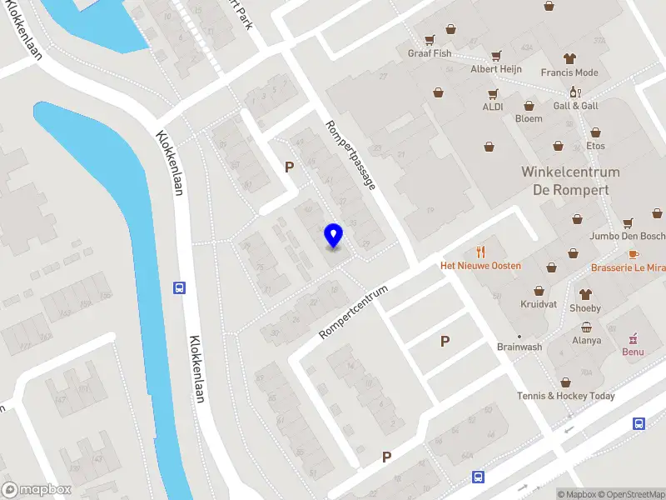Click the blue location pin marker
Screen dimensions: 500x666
(x=334, y=236)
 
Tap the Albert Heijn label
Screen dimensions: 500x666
(x=496, y=69)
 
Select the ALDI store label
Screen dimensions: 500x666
(x=493, y=107)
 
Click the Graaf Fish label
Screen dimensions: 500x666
(x=430, y=53)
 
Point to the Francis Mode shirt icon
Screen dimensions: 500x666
(x=569, y=58)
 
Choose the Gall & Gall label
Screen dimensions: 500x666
(x=576, y=106)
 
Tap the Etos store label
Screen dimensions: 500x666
(x=595, y=146)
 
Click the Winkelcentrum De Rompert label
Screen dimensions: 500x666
(x=570, y=181)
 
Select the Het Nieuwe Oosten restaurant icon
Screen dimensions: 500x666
(x=480, y=252)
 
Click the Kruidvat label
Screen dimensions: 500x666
(x=539, y=304)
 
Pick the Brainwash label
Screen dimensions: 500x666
(x=519, y=347)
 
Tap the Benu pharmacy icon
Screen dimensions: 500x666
(x=634, y=337)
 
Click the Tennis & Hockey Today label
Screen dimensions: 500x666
(x=566, y=396)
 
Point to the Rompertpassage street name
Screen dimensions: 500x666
(x=350, y=154)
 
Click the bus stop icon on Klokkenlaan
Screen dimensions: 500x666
(x=179, y=287)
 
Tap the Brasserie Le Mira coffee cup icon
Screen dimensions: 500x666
(x=633, y=253)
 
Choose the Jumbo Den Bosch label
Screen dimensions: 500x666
(x=626, y=236)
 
